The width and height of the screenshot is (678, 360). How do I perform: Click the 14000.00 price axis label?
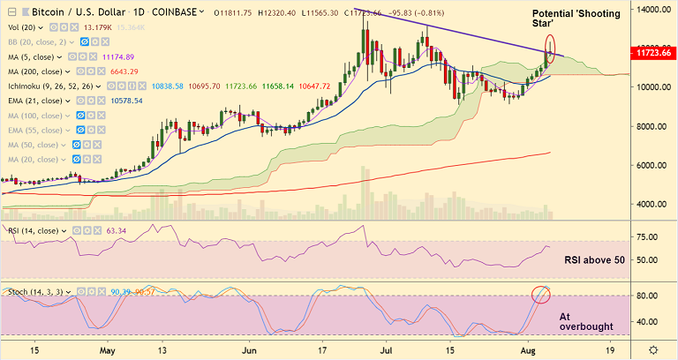point(652,9)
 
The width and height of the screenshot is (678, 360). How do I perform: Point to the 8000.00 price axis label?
point(651,126)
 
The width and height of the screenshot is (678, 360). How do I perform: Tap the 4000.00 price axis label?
point(651,204)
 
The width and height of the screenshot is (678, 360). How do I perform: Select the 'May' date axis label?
point(108,350)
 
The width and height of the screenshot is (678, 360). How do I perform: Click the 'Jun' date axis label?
point(250,350)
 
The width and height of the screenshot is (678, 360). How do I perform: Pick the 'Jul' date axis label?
point(387,350)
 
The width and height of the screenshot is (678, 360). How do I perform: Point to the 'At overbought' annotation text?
point(585,320)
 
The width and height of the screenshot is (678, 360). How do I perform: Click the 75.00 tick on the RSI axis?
point(650,237)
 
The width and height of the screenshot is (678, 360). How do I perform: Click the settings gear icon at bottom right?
point(652,350)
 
